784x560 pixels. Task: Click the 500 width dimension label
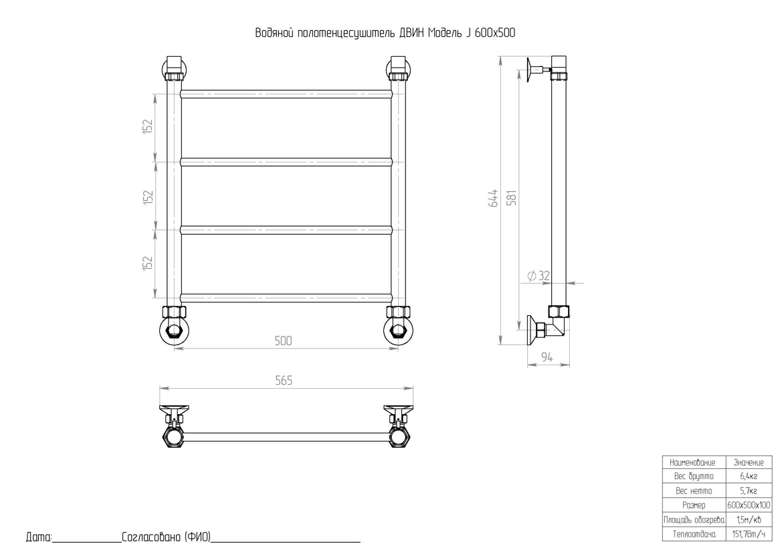pyautogui.click(x=283, y=341)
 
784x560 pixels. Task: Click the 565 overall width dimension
pyautogui.click(x=284, y=381)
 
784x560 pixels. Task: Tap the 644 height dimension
pyautogui.click(x=493, y=198)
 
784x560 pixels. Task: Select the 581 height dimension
pyautogui.click(x=512, y=198)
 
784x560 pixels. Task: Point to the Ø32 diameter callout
pyautogui.click(x=538, y=276)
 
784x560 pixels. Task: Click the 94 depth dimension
pyautogui.click(x=547, y=357)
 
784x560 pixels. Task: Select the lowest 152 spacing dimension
pyautogui.click(x=147, y=264)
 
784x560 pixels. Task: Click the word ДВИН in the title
pyautogui.click(x=411, y=33)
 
